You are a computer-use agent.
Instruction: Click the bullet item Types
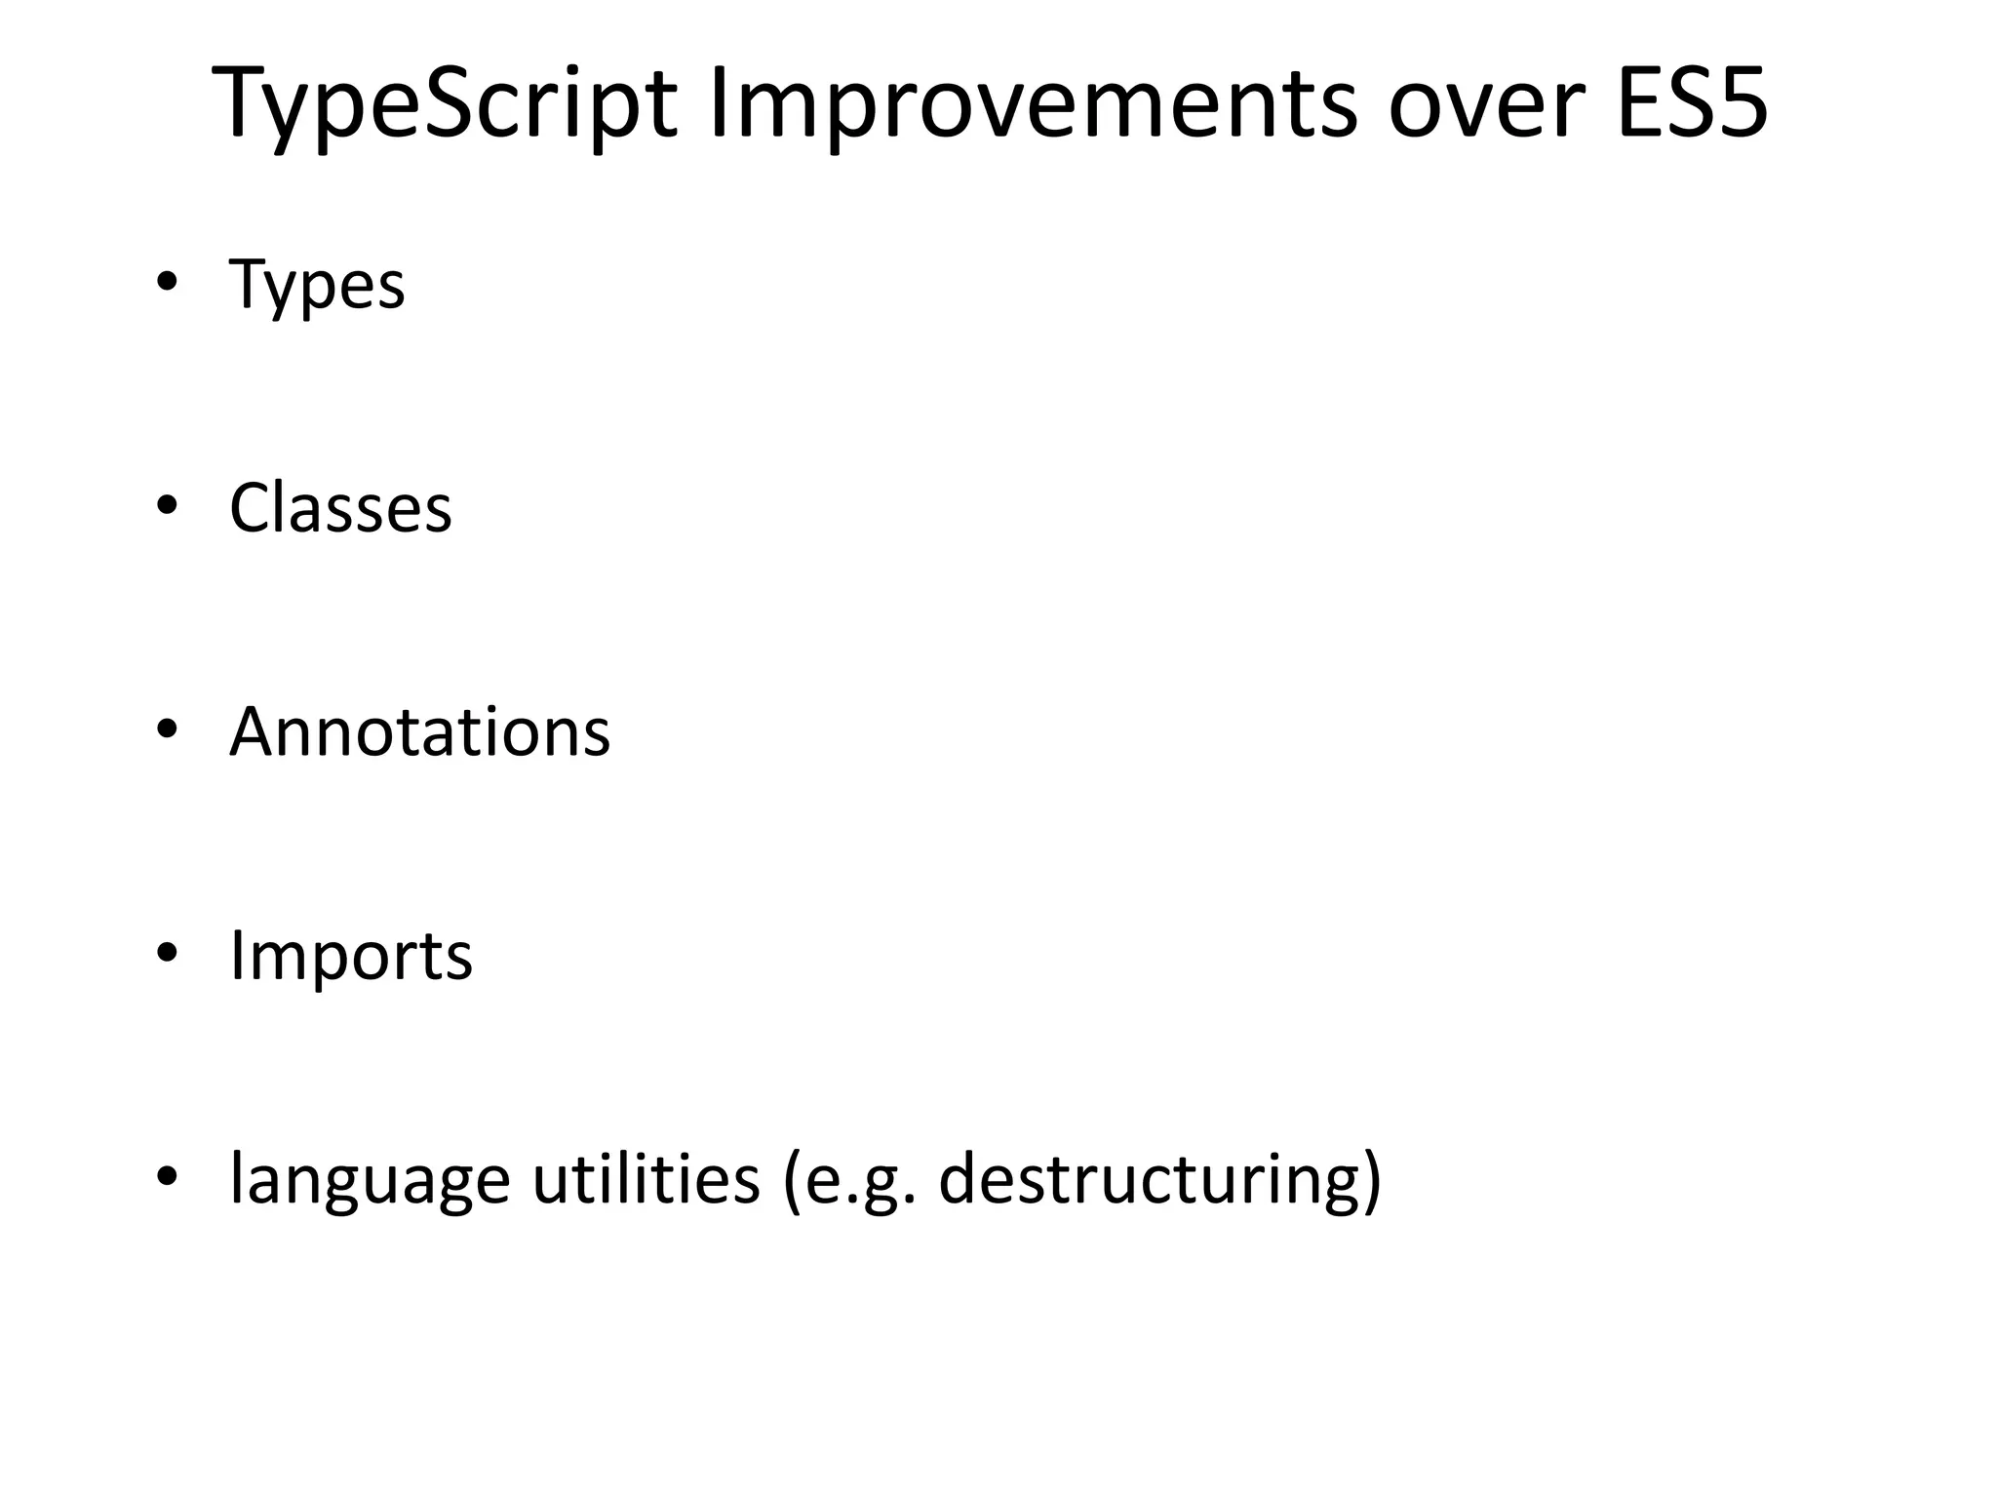(x=316, y=286)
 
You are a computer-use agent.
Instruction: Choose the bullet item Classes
(x=340, y=508)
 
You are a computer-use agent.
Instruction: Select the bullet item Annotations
(x=419, y=731)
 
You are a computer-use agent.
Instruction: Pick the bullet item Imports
(x=350, y=956)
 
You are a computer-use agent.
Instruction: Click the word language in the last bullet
(x=370, y=1180)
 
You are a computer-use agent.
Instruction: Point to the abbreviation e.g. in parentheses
(x=858, y=1180)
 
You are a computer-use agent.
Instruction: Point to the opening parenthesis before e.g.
(x=792, y=1180)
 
